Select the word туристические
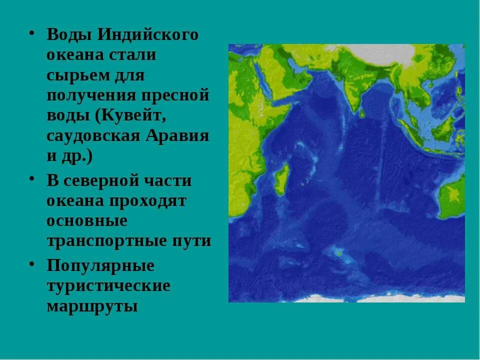pos(108,286)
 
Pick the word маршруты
pos(92,306)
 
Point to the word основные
pos(87,220)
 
